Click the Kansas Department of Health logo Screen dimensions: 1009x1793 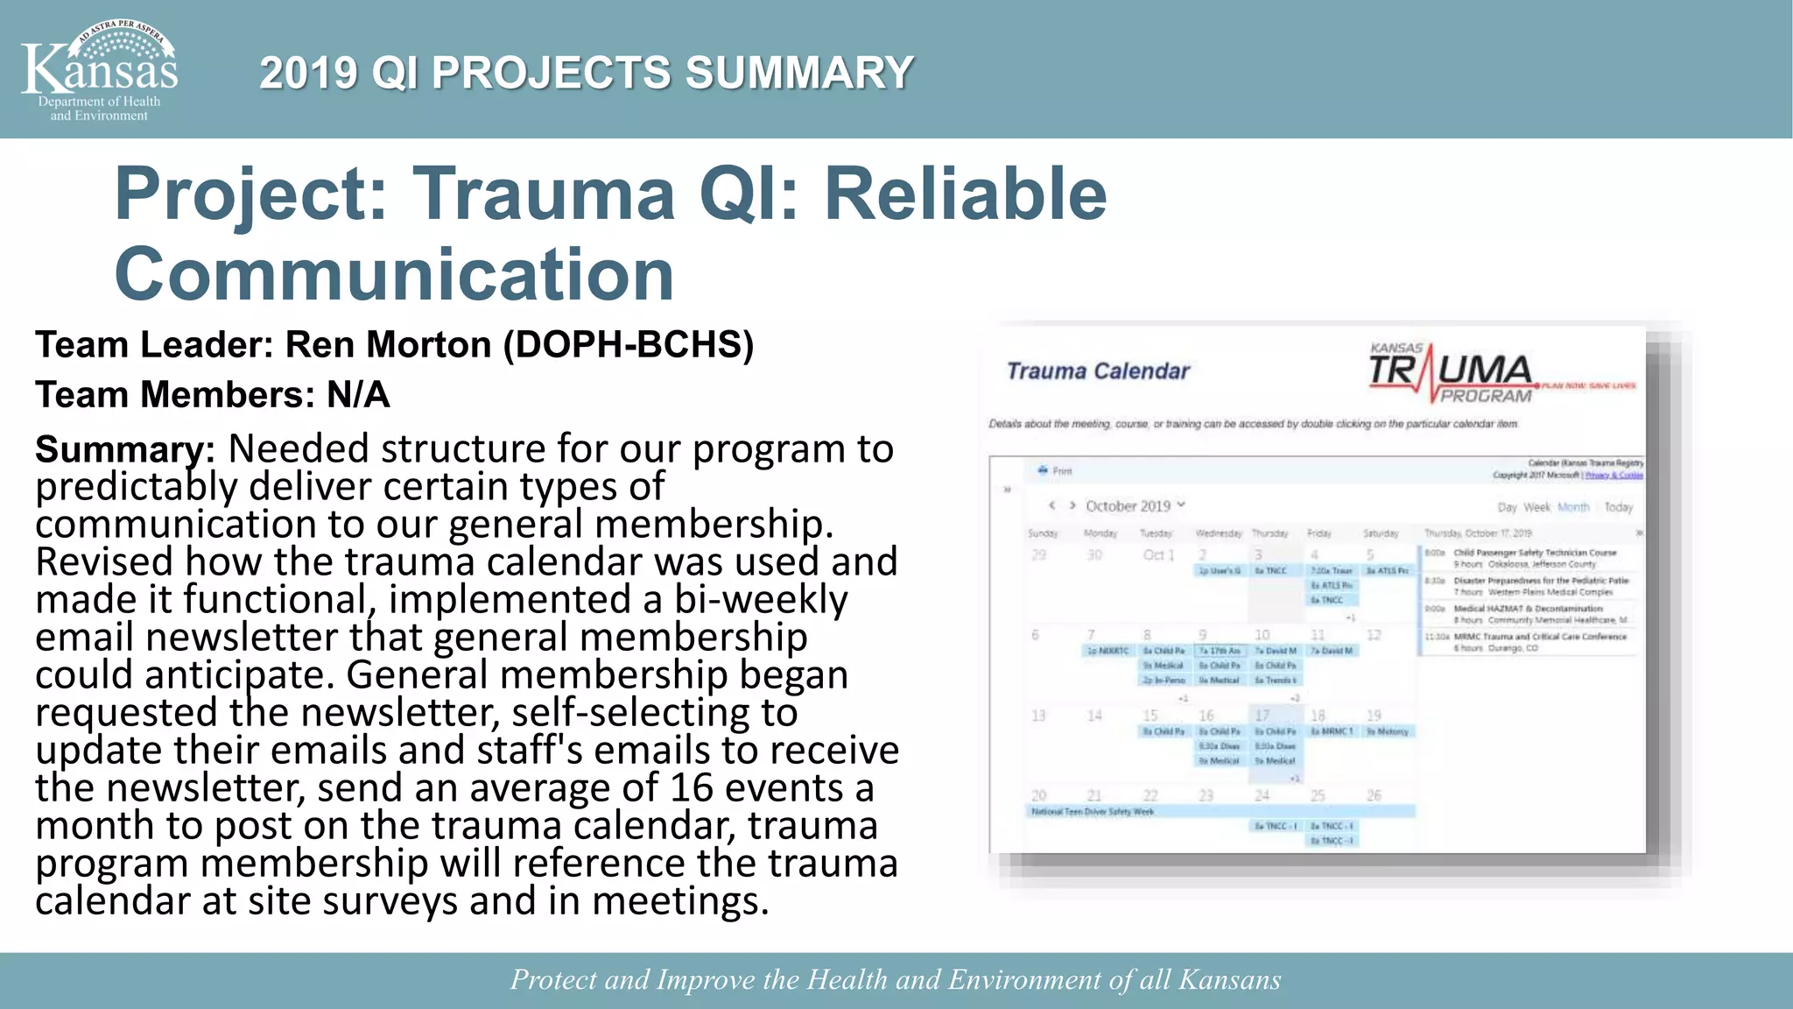99,70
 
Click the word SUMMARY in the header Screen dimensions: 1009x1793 798,73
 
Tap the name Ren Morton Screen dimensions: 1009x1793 389,345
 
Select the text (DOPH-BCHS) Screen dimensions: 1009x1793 628,345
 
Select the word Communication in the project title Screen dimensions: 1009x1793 394,274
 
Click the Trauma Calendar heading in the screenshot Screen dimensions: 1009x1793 1098,371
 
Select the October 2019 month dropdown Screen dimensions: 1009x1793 1135,506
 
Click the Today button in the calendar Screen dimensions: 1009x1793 1618,507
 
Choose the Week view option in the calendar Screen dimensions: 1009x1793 1536,507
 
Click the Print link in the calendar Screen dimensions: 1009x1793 1056,471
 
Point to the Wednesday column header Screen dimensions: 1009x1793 1218,533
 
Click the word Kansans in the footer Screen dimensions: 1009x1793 1229,979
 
